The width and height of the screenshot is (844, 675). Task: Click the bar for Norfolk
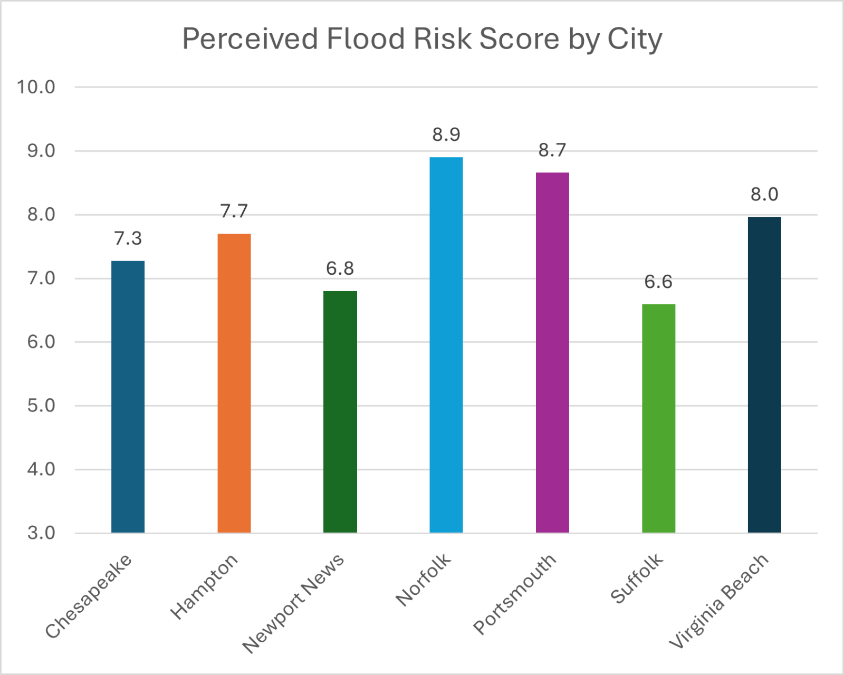coord(446,345)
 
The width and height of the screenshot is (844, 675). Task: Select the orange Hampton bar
coord(234,383)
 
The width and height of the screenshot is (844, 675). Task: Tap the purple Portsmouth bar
coord(552,352)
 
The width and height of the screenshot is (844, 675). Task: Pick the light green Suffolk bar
coord(658,418)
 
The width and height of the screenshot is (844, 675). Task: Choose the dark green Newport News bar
coord(340,412)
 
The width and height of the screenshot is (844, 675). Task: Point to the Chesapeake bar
coord(128,397)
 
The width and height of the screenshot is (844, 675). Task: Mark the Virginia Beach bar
coord(764,375)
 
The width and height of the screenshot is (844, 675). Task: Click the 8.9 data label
coord(446,135)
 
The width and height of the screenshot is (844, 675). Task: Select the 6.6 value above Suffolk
coord(658,282)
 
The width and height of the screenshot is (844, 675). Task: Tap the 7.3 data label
coord(128,239)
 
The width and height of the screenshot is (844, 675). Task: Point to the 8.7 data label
coord(552,151)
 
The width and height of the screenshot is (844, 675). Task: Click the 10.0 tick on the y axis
coord(36,87)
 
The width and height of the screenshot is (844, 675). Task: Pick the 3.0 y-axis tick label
coord(41,533)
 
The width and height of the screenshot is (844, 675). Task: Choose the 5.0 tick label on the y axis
coord(41,406)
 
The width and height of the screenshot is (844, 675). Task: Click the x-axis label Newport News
coord(294,604)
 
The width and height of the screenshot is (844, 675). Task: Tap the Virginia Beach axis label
coord(719,601)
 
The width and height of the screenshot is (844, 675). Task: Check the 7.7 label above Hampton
coord(234,211)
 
